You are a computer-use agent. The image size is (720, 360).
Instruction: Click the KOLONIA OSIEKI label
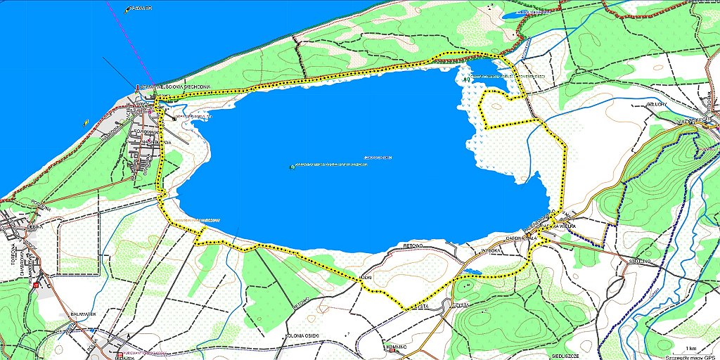304,336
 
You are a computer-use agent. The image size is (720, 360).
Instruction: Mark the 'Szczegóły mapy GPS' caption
693,356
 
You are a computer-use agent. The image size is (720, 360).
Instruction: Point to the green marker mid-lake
292,167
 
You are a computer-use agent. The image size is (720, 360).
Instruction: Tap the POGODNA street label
143,131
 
